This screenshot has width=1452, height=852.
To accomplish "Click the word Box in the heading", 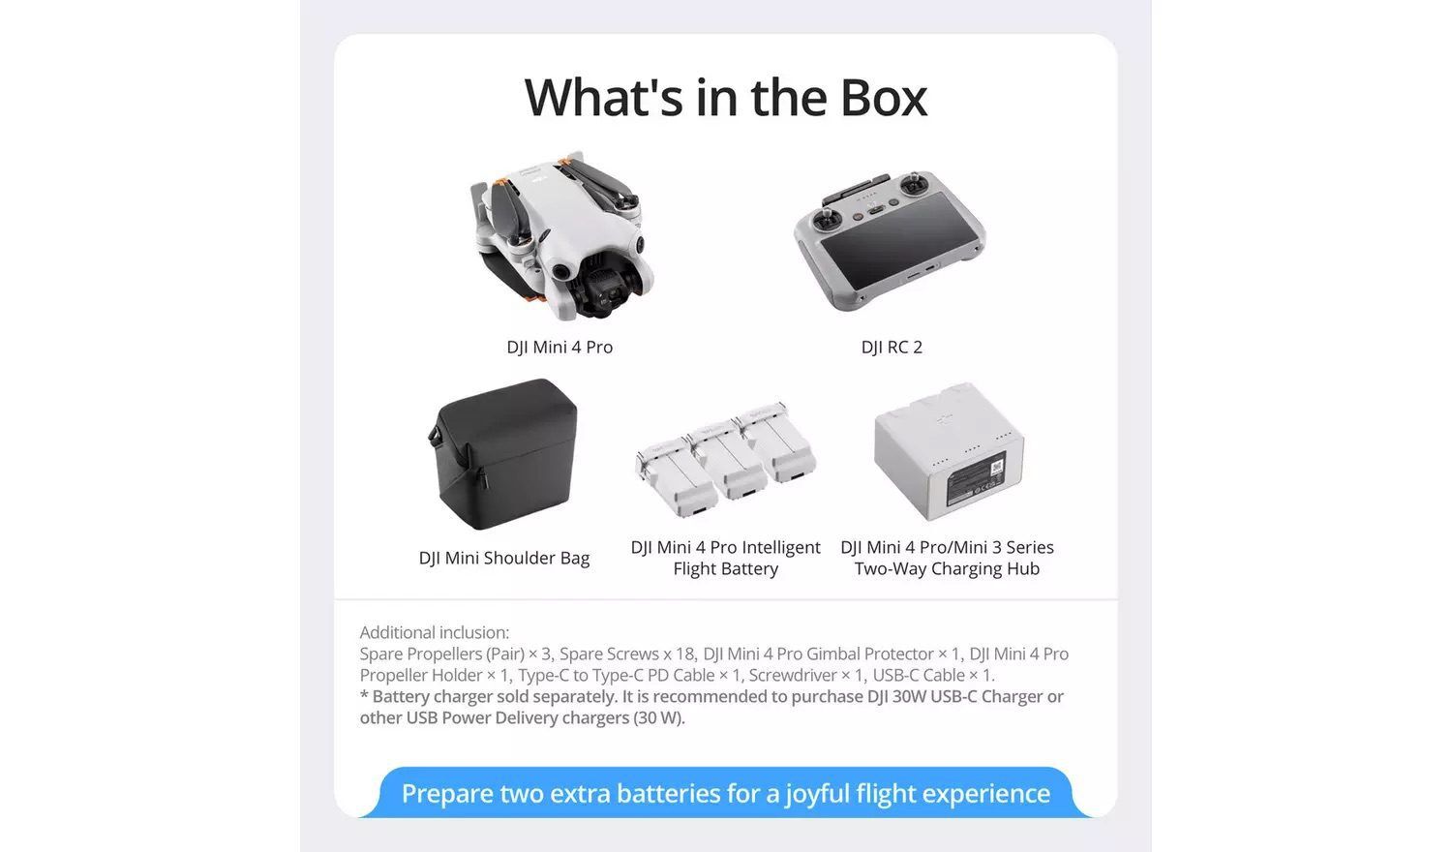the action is (x=884, y=98).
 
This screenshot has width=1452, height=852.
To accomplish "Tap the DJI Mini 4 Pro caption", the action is (x=560, y=348).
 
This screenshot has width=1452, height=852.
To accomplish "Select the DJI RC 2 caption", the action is (x=892, y=348).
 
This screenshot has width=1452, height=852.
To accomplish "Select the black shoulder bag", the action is (x=503, y=454).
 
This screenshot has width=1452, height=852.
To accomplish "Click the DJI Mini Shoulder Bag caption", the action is (x=504, y=559).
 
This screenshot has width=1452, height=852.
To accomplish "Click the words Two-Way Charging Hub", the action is (x=947, y=568).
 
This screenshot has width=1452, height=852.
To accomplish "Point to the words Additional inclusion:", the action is (x=435, y=632).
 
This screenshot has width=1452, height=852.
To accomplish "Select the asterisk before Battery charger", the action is (x=364, y=695).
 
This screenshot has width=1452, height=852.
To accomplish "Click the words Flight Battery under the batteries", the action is (x=725, y=568).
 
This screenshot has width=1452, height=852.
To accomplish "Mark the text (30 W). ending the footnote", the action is (x=658, y=717).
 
